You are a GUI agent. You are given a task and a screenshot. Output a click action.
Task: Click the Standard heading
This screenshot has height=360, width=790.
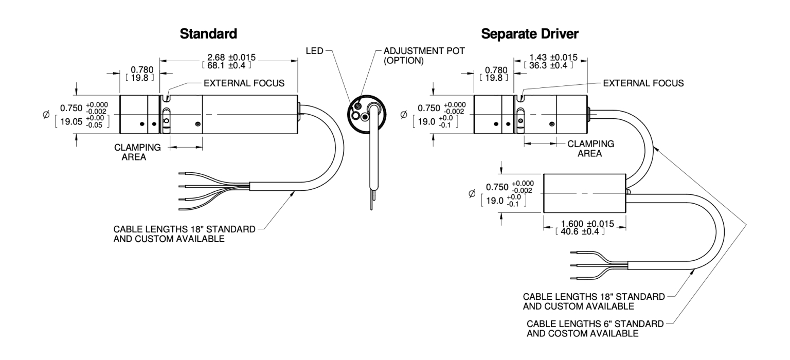(x=208, y=35)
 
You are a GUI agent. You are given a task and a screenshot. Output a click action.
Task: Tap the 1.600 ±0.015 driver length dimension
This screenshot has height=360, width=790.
(x=580, y=224)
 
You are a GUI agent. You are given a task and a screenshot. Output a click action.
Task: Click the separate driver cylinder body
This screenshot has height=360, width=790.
(x=584, y=192)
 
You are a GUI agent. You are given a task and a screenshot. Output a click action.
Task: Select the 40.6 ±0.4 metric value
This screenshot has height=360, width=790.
(x=580, y=232)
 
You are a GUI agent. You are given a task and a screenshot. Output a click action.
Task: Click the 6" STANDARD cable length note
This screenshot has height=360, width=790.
(x=596, y=325)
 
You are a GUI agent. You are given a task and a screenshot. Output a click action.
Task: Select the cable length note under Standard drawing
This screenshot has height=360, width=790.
(x=183, y=234)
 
